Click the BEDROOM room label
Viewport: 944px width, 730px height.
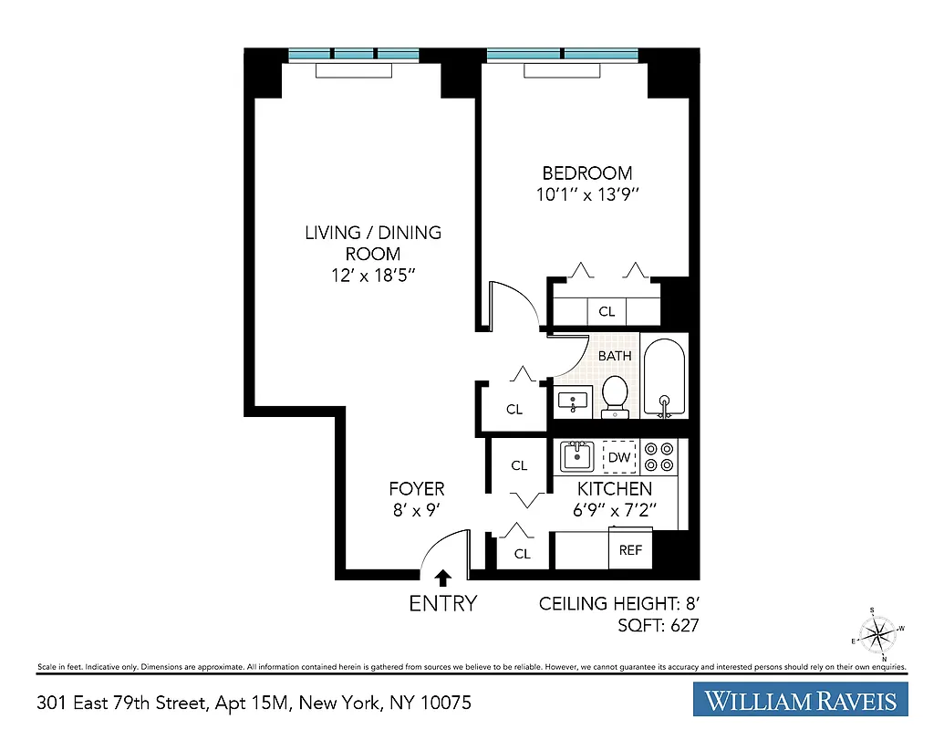[587, 173]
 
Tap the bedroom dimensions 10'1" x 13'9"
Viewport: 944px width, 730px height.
[587, 194]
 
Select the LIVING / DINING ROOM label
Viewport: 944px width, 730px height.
[373, 243]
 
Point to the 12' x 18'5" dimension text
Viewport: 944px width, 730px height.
[373, 276]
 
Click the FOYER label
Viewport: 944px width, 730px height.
[417, 489]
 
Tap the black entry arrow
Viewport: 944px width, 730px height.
[443, 578]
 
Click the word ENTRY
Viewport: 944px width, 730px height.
[443, 603]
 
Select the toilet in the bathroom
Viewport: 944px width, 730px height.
[615, 395]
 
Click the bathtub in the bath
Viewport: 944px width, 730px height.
[665, 378]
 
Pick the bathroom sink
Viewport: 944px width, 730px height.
[575, 401]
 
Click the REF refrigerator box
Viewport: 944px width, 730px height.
[630, 550]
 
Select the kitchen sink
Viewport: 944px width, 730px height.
[576, 455]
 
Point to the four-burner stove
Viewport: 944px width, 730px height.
[659, 456]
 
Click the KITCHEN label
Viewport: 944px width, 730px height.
[615, 490]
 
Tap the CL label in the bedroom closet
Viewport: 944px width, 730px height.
[607, 312]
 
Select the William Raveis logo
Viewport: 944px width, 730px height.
[800, 700]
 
